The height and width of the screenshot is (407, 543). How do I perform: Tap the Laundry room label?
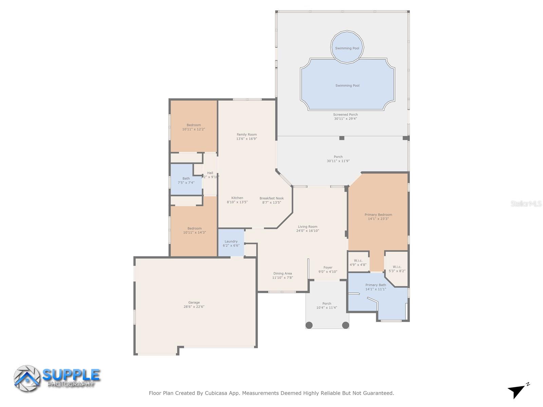[x=231, y=241]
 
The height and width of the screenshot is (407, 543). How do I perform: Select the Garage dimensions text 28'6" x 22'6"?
[x=194, y=307]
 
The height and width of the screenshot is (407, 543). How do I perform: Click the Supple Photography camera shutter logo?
[x=27, y=379]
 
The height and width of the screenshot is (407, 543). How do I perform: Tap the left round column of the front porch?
[x=309, y=325]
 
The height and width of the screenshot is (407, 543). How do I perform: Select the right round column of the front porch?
[x=345, y=325]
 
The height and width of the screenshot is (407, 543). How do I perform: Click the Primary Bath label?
[x=376, y=285]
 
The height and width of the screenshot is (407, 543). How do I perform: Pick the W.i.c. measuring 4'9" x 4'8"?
[x=358, y=263]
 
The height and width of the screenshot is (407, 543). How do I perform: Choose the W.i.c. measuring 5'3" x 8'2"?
[x=397, y=269]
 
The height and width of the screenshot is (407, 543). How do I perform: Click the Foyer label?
[x=328, y=268]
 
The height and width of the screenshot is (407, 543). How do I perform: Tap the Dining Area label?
[x=283, y=273]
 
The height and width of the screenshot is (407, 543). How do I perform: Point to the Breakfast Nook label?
[x=271, y=198]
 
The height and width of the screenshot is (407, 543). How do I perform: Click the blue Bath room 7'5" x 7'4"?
[x=186, y=180]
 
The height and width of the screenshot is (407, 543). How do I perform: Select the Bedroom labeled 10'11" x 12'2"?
[x=194, y=127]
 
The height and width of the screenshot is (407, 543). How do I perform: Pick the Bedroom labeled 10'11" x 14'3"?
[x=194, y=230]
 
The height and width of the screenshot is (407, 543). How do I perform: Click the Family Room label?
[x=247, y=135]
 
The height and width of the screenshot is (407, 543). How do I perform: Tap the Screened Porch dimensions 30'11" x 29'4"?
[x=345, y=119]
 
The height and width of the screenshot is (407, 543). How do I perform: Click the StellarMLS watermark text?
[x=526, y=204]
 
